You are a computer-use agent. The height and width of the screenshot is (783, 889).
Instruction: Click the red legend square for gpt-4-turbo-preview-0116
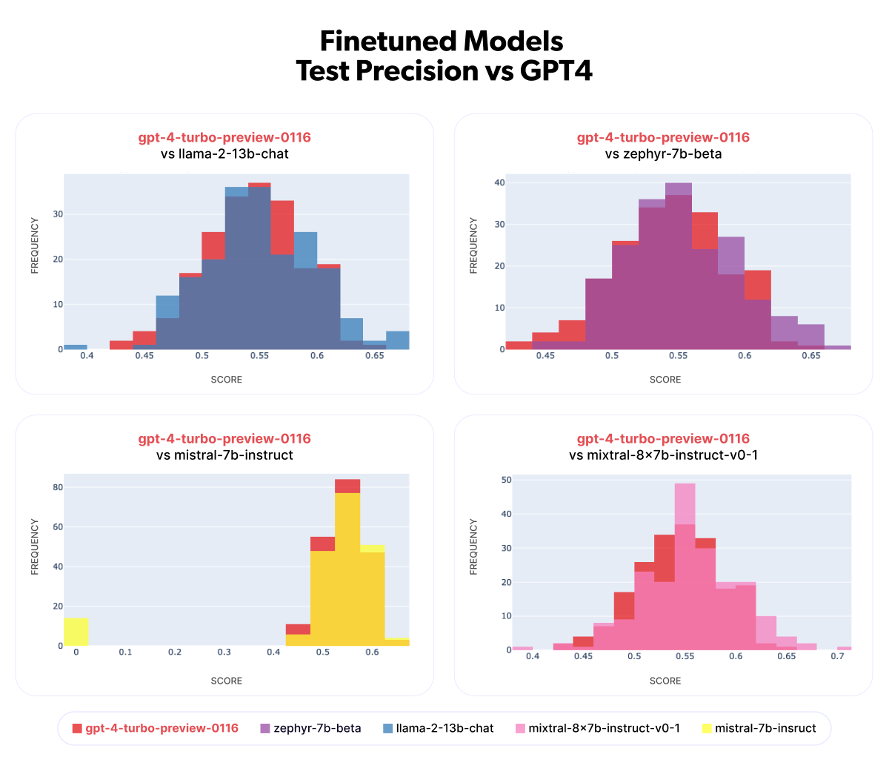tap(77, 728)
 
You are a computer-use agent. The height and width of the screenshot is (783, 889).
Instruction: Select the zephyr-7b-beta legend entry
tap(317, 728)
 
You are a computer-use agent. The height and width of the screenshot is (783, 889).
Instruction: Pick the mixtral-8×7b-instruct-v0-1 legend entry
tap(604, 728)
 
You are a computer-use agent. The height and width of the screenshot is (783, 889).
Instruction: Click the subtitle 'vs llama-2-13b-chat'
tap(224, 155)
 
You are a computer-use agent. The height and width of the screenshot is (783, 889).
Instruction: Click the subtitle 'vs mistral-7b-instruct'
tap(224, 455)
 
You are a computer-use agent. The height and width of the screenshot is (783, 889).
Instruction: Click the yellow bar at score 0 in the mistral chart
tap(76, 632)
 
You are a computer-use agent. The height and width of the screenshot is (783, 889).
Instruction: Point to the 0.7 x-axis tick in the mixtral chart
tap(837, 657)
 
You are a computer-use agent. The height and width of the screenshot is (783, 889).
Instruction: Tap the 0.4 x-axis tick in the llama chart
tap(87, 357)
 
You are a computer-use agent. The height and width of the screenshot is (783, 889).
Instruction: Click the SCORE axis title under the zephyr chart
tap(665, 380)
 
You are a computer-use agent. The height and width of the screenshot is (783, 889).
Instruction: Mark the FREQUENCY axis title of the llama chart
tap(35, 245)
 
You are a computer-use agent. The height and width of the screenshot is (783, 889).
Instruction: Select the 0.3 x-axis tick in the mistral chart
tap(224, 652)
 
